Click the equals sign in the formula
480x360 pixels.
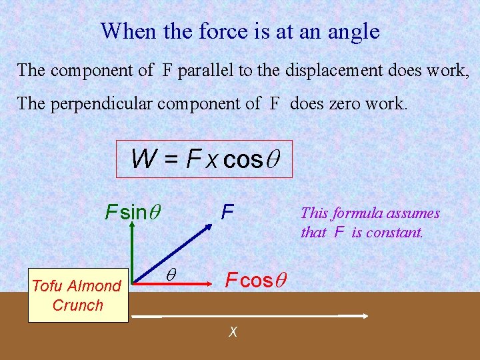click(x=170, y=159)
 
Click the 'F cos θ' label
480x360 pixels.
click(x=255, y=281)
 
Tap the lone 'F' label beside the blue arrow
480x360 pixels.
click(x=227, y=212)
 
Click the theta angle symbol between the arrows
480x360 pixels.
click(x=170, y=275)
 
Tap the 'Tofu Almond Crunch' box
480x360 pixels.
click(x=77, y=295)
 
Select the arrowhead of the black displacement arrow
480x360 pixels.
click(x=365, y=315)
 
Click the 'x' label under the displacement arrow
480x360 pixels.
click(x=233, y=331)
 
